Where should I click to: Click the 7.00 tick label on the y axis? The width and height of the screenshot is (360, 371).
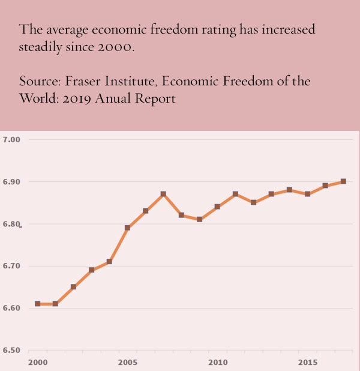point(12,140)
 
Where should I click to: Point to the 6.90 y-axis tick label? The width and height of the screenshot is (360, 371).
point(12,182)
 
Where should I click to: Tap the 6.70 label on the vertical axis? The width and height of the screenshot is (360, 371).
point(12,266)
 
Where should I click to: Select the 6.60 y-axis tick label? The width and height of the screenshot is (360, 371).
point(12,308)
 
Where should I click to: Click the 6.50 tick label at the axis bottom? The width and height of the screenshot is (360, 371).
point(12,350)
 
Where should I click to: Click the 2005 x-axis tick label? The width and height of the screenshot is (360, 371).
point(127,363)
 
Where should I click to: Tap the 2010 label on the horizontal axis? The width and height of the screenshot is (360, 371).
point(217,363)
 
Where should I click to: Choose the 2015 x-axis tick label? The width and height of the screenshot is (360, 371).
point(308,363)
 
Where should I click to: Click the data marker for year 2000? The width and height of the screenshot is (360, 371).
point(37,304)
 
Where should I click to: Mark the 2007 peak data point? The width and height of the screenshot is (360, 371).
point(163,194)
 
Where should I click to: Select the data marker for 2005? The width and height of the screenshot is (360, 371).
point(127,228)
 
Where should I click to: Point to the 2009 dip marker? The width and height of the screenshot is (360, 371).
point(199,219)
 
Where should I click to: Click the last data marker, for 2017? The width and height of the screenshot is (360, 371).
point(343,181)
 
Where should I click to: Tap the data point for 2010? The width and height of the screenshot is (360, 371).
point(217,207)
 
